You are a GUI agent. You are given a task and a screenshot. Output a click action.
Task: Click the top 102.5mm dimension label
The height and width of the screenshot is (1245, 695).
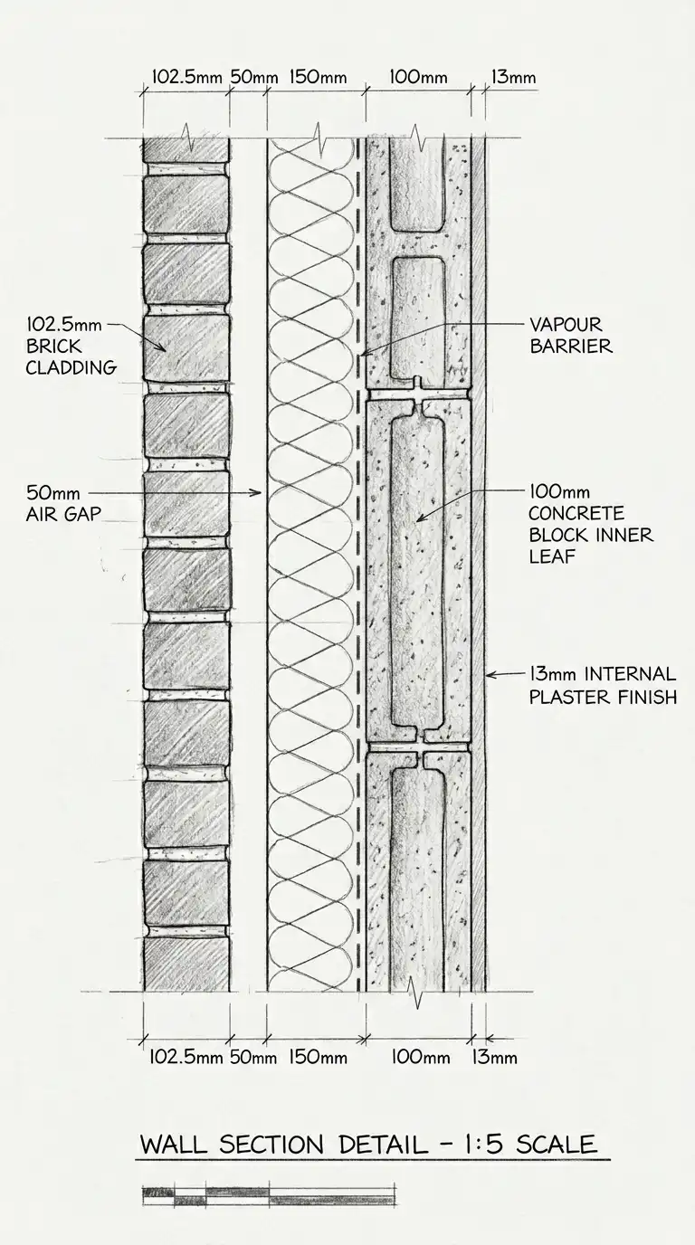(186, 77)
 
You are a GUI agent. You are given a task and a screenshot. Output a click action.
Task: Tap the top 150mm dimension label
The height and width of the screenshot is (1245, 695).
(318, 77)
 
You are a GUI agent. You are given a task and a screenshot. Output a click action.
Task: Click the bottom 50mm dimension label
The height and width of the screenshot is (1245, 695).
(253, 1056)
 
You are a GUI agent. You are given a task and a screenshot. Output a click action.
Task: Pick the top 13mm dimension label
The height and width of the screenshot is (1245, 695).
(512, 77)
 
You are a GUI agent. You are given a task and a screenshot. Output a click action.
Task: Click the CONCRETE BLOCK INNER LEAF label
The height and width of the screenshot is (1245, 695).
(590, 524)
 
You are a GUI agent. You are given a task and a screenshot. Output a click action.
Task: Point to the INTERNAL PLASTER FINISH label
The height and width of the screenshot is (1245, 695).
(601, 685)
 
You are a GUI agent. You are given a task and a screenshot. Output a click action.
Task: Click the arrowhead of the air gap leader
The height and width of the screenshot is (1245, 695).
(260, 493)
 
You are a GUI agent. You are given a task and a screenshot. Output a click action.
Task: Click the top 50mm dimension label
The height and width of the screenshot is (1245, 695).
(253, 77)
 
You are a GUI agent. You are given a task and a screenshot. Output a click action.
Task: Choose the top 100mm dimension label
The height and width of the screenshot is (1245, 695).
(417, 77)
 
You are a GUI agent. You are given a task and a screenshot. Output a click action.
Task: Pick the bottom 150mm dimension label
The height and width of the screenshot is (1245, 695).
(318, 1056)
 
